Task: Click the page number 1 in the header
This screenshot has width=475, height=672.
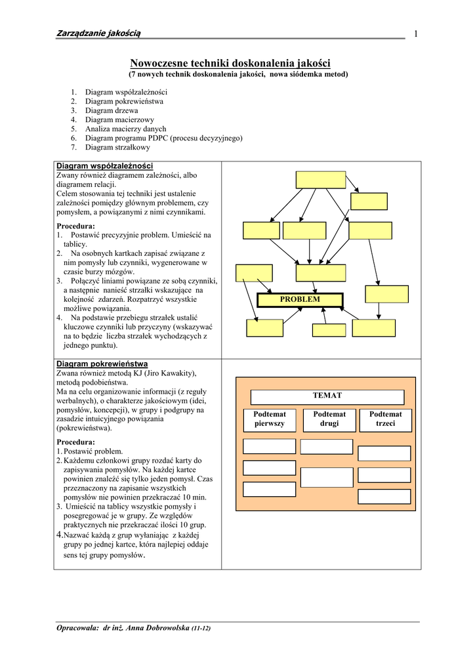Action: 416,34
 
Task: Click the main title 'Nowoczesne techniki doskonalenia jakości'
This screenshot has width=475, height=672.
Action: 230,63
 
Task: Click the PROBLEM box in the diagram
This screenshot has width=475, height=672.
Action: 300,300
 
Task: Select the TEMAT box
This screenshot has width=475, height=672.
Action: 327,396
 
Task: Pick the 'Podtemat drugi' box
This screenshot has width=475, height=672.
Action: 329,419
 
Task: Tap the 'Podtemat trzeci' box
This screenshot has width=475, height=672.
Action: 385,419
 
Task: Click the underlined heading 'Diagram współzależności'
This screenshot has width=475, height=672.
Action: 105,167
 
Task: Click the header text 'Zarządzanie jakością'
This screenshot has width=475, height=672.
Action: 99,33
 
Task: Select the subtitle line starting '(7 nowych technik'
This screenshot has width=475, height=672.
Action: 237,75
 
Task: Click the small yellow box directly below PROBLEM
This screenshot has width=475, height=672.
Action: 329,330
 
